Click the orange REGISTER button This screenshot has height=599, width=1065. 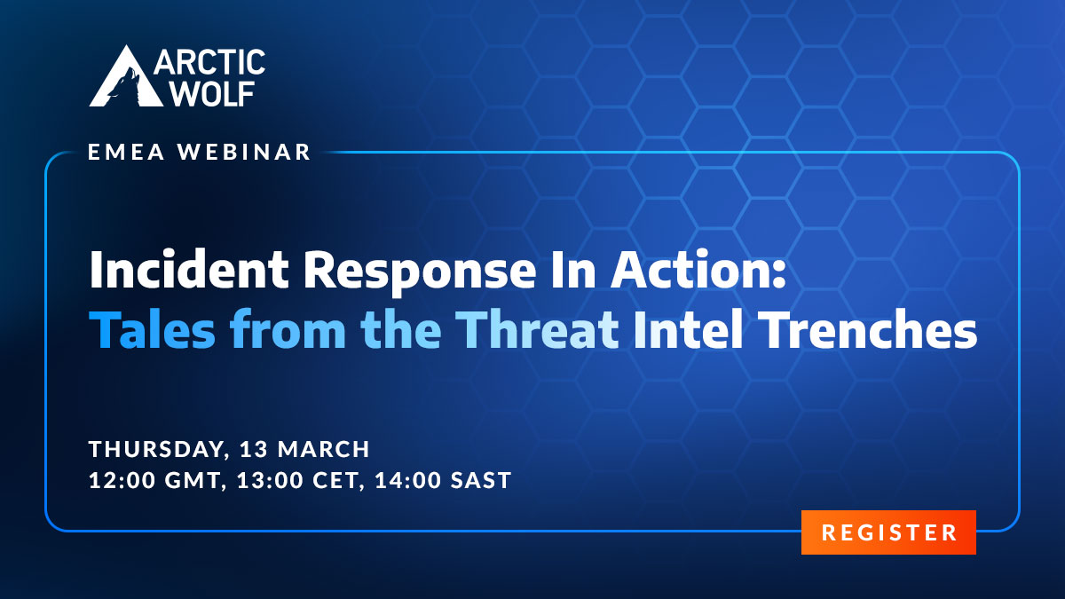888,532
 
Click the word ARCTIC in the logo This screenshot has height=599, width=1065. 209,62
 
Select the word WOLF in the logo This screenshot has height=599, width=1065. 212,92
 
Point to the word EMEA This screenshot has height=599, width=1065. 126,152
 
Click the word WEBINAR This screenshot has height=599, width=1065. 244,152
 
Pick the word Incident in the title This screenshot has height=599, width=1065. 189,269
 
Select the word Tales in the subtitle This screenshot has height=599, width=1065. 152,329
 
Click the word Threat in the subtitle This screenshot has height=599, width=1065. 540,329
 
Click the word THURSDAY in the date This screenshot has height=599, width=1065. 156,449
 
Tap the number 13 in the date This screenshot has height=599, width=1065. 251,449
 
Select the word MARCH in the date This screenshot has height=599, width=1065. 324,449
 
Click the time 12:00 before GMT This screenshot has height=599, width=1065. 122,480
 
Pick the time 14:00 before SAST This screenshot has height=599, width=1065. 408,480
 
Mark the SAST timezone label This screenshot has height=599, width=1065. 481,480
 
